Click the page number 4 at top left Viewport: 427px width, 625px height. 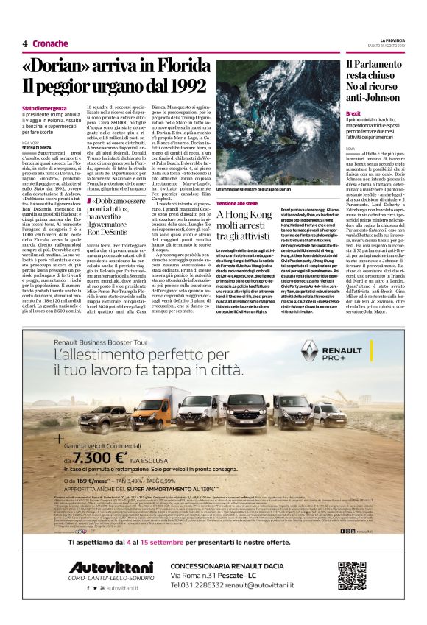coord(25,43)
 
